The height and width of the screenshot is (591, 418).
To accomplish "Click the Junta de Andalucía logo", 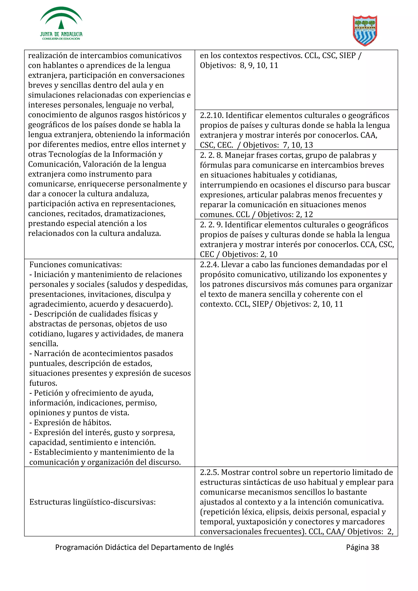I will tap(61, 24).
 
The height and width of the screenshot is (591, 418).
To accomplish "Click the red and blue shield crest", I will tap(365, 30).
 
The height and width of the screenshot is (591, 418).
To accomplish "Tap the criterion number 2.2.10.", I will tap(211, 116).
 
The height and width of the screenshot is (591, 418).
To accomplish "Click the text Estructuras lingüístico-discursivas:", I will tap(92, 502).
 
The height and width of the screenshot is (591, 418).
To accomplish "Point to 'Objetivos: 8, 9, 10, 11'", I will tap(239, 65).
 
